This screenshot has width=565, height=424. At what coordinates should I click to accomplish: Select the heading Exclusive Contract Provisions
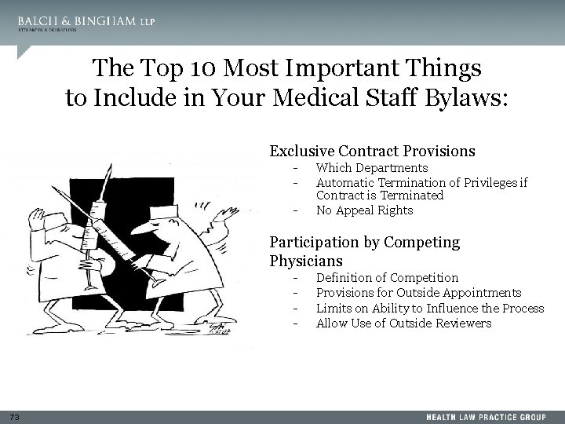[x=372, y=151]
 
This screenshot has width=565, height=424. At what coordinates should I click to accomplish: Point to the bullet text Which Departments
[x=371, y=168]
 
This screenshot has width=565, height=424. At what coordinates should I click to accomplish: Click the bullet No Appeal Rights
[x=364, y=210]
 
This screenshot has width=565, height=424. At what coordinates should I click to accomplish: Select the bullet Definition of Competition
[x=387, y=278]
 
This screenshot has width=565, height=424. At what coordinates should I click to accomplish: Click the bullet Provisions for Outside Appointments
[x=418, y=293]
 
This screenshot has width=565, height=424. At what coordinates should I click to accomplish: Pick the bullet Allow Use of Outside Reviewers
[x=403, y=323]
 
